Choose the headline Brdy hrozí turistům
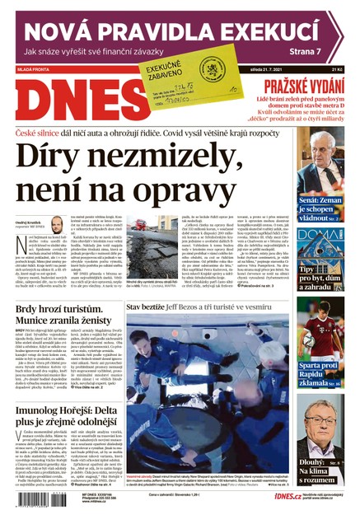58,313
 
